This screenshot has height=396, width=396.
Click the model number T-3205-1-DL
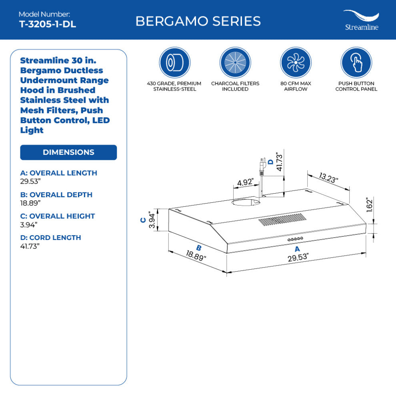47,24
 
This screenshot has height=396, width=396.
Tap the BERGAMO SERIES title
198,21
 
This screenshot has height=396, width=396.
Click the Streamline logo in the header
361,20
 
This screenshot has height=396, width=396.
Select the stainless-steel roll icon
175,63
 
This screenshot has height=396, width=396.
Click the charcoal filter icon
235,63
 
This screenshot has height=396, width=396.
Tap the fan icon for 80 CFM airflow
296,63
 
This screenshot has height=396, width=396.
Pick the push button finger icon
356,63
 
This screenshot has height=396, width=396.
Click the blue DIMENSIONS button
68,152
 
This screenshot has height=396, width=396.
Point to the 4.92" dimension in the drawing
245,182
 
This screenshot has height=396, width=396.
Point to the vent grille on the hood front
282,220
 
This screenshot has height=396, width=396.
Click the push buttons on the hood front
295,239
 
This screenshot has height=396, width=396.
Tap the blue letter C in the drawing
142,220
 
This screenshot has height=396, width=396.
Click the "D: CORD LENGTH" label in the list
50,238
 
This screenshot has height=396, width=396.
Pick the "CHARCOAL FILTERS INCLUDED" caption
235,86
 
